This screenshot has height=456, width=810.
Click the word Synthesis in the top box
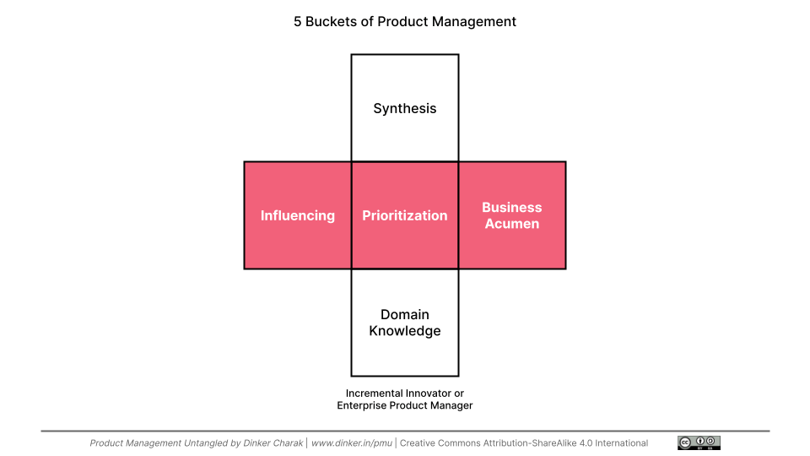tap(405, 108)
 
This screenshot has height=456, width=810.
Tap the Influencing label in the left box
tap(297, 215)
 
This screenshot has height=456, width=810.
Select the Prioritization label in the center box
tap(405, 215)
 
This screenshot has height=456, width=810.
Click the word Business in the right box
tap(512, 207)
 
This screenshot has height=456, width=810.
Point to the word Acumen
tap(512, 224)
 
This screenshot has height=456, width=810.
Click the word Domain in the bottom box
tap(405, 315)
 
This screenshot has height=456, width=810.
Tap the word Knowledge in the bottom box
tap(405, 331)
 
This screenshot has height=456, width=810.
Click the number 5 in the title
tap(298, 22)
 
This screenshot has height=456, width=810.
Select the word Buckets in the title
tap(332, 22)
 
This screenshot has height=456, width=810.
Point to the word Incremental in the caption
tap(375, 394)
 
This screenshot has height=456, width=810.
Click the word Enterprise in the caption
tap(364, 405)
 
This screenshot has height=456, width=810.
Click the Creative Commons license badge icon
tap(699, 442)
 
